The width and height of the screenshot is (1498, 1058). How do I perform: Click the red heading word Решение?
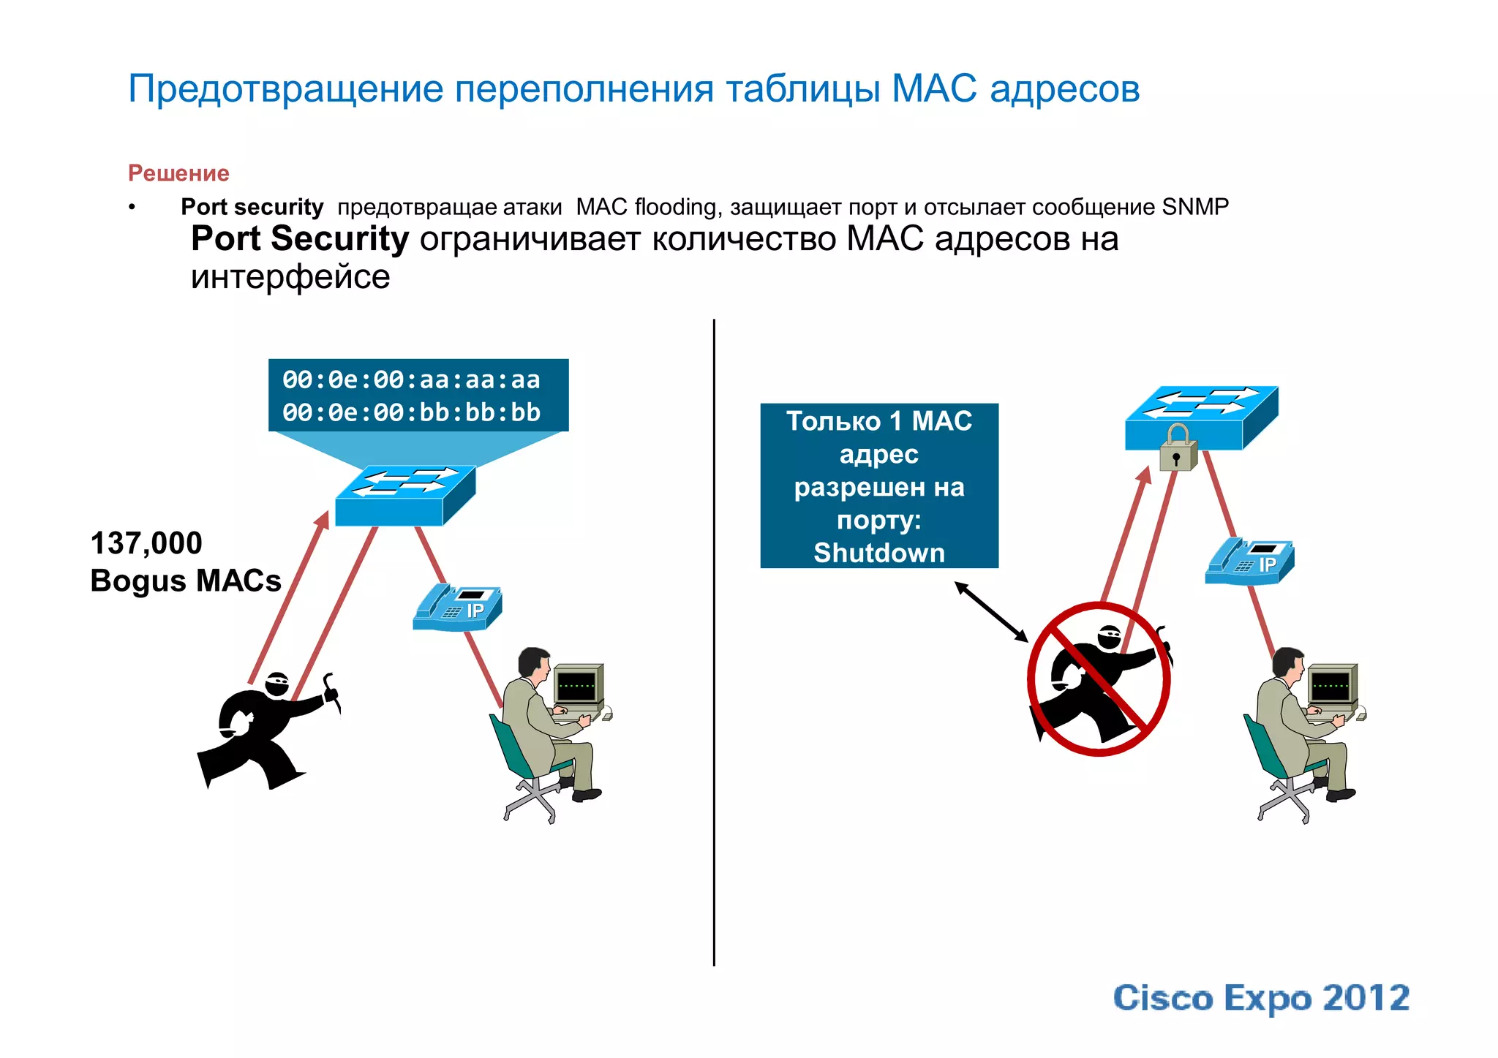pyautogui.click(x=178, y=173)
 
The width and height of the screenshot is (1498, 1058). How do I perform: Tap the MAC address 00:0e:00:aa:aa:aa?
pyautogui.click(x=411, y=380)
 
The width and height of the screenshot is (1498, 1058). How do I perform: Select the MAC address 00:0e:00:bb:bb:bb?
pyautogui.click(x=411, y=413)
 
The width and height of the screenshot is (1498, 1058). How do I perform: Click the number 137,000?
pyautogui.click(x=146, y=543)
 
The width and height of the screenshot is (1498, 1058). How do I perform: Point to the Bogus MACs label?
pyautogui.click(x=186, y=581)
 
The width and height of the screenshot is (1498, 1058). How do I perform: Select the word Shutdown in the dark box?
pyautogui.click(x=879, y=553)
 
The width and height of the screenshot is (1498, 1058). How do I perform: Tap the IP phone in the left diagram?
pyautogui.click(x=458, y=608)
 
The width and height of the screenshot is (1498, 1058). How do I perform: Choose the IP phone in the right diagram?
pyautogui.click(x=1249, y=562)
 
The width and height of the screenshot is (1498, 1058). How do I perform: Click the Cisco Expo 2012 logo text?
pyautogui.click(x=1261, y=998)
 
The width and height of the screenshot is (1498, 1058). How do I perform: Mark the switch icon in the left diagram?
pyautogui.click(x=404, y=495)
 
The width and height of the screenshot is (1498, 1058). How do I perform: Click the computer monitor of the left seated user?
pyautogui.click(x=578, y=685)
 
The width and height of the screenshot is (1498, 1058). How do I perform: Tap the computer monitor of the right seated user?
pyautogui.click(x=1332, y=685)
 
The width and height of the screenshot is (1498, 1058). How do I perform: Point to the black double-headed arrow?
pyautogui.click(x=991, y=611)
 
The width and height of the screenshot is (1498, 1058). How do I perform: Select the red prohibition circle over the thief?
pyautogui.click(x=1099, y=679)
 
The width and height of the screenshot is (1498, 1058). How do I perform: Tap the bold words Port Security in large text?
pyautogui.click(x=300, y=239)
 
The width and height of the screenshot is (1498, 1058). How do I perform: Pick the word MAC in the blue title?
pyautogui.click(x=934, y=88)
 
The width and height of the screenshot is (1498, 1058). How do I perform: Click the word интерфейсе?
pyautogui.click(x=290, y=277)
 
